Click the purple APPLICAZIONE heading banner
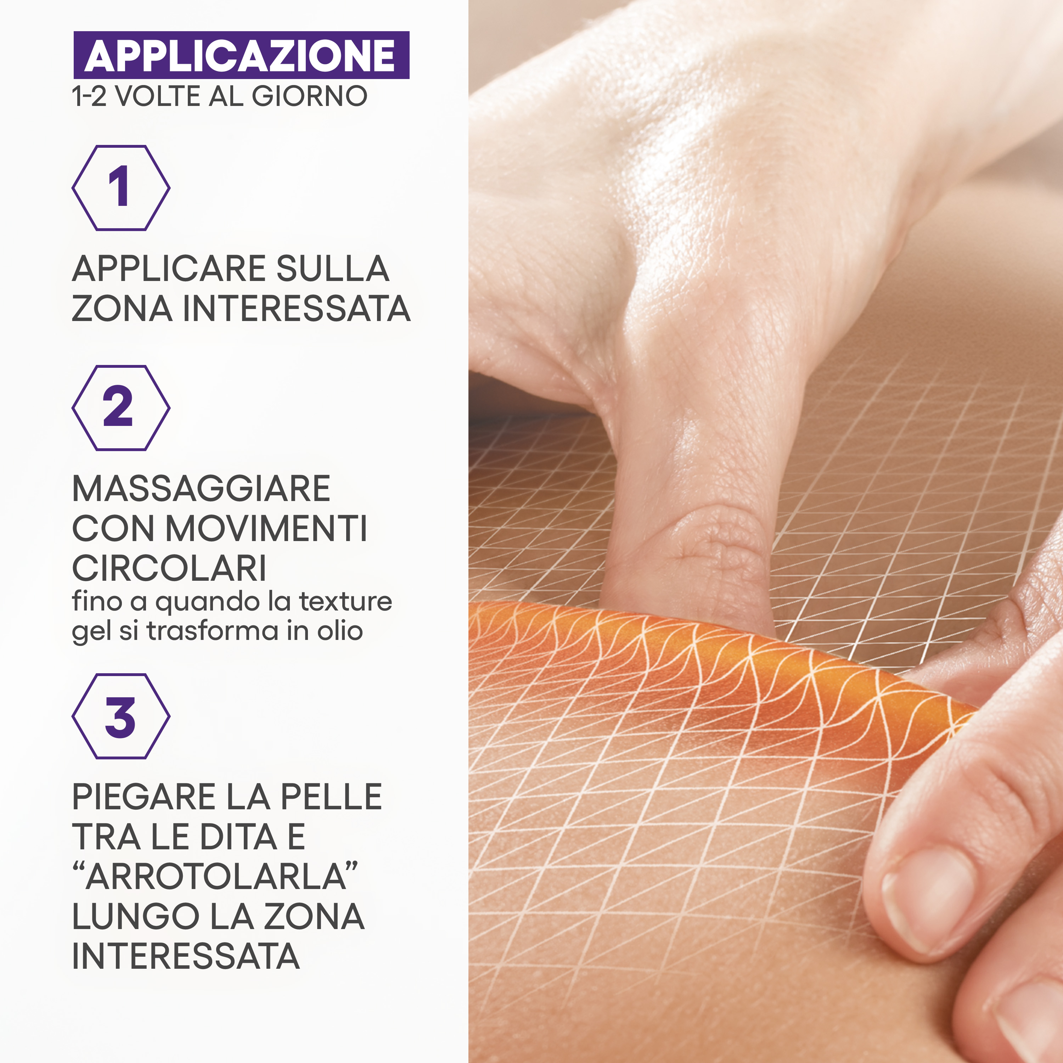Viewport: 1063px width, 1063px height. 241,55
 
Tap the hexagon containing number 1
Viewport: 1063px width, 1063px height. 120,188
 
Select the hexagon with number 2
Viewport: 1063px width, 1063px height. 120,408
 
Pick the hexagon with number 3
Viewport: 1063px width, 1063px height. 120,716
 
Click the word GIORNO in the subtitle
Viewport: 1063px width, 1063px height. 309,96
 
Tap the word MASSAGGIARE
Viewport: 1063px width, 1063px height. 201,489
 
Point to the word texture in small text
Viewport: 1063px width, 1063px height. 345,601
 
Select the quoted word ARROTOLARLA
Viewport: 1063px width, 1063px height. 216,877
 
